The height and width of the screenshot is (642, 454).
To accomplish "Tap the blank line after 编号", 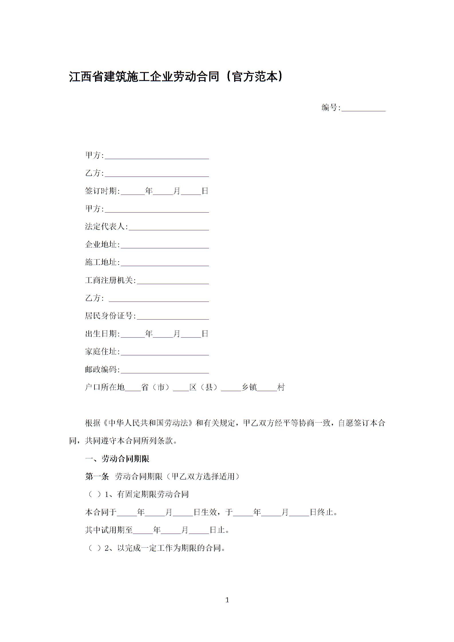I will (x=363, y=108).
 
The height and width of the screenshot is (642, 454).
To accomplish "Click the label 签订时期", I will (x=102, y=191).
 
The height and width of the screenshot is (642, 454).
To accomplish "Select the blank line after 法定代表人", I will (x=169, y=227).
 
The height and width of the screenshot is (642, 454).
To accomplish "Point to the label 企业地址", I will (x=102, y=245).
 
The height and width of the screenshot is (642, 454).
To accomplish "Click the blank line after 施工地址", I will (x=165, y=263).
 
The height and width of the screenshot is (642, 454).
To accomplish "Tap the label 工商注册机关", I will (x=110, y=280).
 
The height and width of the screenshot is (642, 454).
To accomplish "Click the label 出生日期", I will (x=102, y=334).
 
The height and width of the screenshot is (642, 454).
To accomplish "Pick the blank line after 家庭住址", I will (x=165, y=352).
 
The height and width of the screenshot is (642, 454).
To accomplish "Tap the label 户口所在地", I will (x=105, y=387).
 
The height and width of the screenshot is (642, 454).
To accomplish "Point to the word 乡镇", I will (x=249, y=387).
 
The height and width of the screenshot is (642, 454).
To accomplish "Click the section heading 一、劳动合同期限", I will (x=117, y=459).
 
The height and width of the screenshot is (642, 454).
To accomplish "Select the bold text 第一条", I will (x=97, y=477).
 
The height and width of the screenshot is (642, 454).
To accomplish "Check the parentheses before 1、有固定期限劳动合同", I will (x=95, y=494).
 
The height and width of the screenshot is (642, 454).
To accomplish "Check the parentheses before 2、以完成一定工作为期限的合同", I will (x=95, y=548).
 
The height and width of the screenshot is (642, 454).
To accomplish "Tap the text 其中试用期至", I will (x=109, y=530).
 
